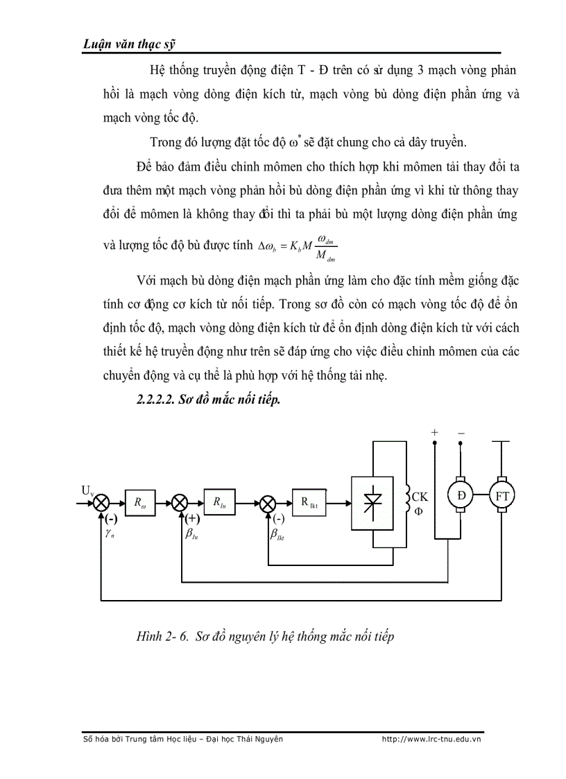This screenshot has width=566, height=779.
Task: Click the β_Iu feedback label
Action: (192, 534)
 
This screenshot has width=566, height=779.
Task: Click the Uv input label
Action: (87, 490)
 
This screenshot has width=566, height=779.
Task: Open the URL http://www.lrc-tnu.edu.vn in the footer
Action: (431, 739)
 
